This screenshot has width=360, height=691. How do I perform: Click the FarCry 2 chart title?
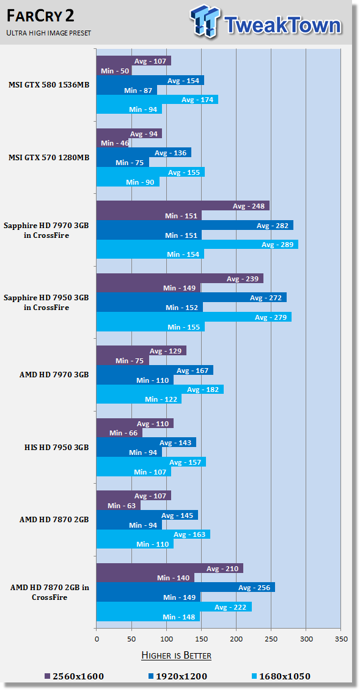pos(40,17)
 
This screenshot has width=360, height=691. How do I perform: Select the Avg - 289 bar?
pos(197,245)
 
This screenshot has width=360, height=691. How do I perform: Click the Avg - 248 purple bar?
pos(183,206)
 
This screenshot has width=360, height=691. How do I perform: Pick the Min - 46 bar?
pos(112,142)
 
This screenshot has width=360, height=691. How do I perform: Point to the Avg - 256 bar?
pos(186,588)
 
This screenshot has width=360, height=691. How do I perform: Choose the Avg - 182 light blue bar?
pos(160,390)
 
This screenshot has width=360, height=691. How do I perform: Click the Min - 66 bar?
pos(119,433)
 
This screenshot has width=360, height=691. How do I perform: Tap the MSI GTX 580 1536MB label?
pos(49,85)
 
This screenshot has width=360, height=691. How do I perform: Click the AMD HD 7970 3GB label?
pos(54,375)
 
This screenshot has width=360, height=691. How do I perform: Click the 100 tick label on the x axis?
pos(166,638)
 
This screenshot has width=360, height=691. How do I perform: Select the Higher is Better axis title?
pos(176,656)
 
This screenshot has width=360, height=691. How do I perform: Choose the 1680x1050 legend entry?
pos(281,676)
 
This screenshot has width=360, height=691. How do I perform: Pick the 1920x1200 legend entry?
pos(177,676)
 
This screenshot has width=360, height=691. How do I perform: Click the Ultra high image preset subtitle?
pos(48,33)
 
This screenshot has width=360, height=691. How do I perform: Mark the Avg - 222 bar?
pos(174,607)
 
